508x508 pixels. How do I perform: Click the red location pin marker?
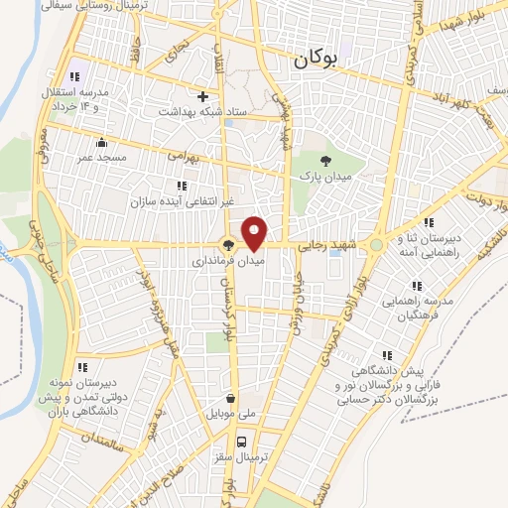(x=255, y=234)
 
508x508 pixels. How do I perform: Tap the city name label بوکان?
(x=317, y=60)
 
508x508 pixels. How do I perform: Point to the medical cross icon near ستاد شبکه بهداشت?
(x=203, y=97)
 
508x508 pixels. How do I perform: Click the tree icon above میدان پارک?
(x=325, y=159)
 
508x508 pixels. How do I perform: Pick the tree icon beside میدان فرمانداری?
(x=228, y=246)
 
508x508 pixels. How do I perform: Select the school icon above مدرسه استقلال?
(x=72, y=76)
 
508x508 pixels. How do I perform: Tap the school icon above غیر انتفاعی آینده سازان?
(x=181, y=185)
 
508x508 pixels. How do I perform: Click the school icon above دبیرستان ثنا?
(x=430, y=223)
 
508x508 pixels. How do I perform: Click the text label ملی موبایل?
(x=231, y=410)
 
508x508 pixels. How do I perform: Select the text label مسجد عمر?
(x=100, y=158)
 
